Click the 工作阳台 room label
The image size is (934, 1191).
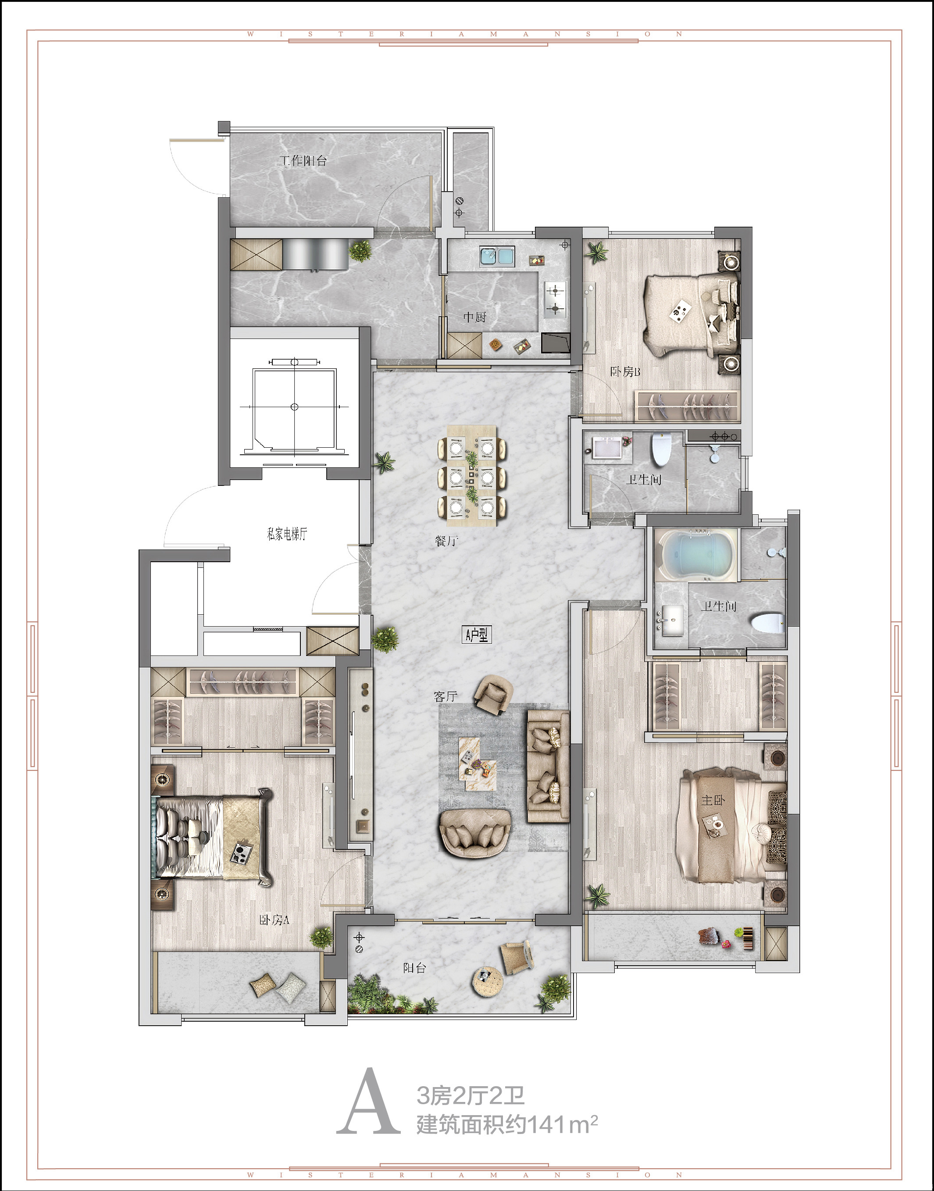[x=303, y=161]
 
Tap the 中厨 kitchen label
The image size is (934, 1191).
[x=474, y=317]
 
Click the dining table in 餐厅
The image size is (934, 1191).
[x=472, y=476]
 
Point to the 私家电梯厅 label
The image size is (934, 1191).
[x=287, y=534]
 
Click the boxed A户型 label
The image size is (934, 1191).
[x=476, y=635]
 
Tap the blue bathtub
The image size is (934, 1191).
[x=695, y=555]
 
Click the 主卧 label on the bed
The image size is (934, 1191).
[x=713, y=800]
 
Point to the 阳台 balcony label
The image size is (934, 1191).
[x=414, y=968]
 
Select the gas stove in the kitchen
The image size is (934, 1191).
[x=555, y=300]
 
